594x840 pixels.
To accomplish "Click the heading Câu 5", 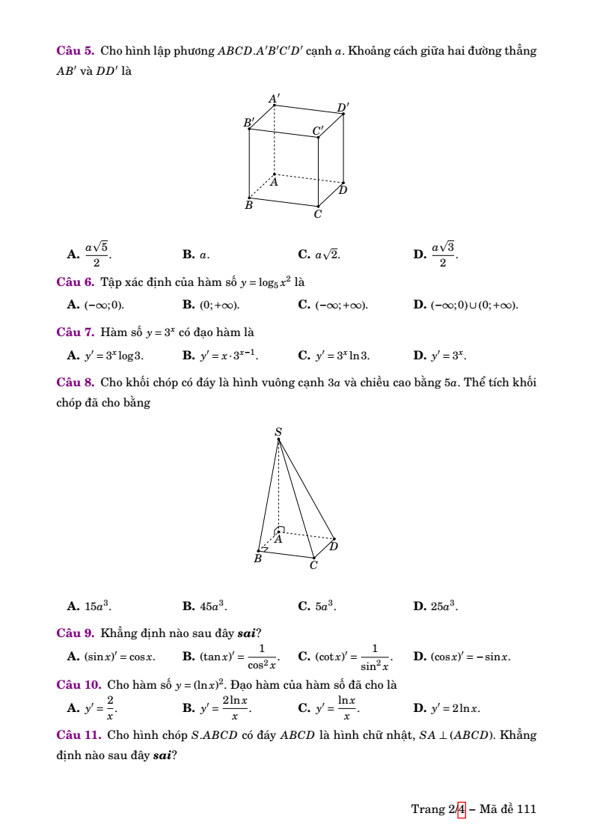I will click(75, 51).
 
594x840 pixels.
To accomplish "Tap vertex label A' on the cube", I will click(275, 98).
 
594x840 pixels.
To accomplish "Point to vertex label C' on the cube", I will click(318, 131).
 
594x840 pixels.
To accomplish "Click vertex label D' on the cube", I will click(343, 108).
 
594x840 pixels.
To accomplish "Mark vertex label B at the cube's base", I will click(249, 204).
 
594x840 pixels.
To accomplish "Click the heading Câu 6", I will click(75, 282).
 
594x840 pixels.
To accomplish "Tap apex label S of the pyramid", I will click(278, 432).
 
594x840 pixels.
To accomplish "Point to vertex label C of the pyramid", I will click(313, 566).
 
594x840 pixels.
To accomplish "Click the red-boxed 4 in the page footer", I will click(461, 809).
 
